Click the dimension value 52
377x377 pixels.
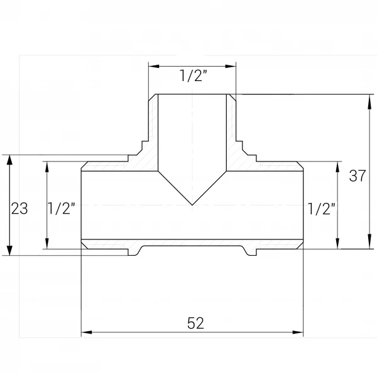coord(195,323)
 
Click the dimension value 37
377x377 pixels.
coord(358,175)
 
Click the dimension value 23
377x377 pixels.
coord(19,208)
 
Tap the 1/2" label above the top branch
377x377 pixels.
coord(194,75)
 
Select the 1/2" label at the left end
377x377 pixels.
coord(62,208)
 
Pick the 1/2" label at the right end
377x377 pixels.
coord(322,209)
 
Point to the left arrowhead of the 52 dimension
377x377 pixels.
coord(87,332)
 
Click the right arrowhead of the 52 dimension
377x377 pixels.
coord(298,332)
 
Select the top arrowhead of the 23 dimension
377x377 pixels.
coord(9,161)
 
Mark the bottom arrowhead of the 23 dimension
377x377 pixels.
coord(9,249)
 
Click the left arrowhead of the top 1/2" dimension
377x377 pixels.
coord(154,66)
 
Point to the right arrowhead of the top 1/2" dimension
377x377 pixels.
coord(231,66)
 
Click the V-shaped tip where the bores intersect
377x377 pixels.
coord(192,205)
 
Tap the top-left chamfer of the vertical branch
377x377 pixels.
coord(152,98)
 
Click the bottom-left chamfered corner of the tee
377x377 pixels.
coord(84,246)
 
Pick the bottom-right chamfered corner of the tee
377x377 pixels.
coord(300,246)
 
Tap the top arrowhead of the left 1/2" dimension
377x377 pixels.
coord(47,167)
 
